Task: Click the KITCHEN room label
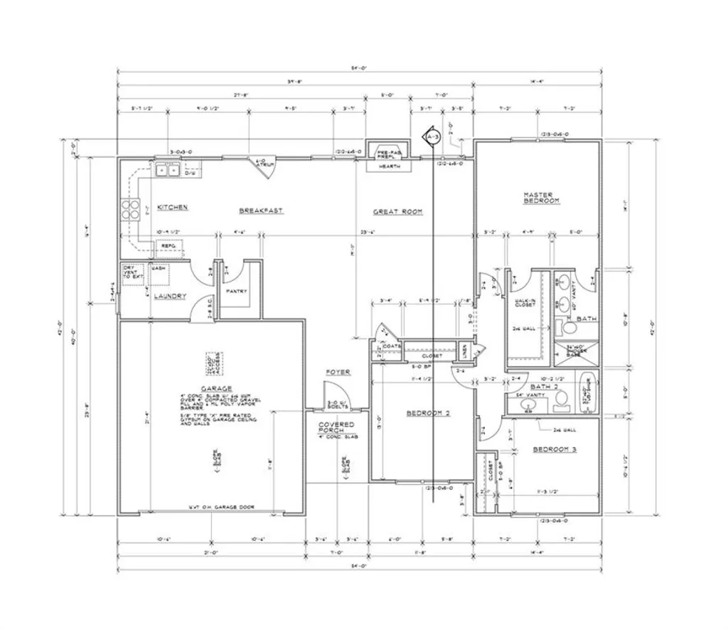172,207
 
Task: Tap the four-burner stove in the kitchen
132,209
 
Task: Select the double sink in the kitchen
168,169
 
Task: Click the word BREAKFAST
261,210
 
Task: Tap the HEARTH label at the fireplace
389,166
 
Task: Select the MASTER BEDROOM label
542,198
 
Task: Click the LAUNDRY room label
171,296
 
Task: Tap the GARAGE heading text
216,388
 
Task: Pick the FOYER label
338,372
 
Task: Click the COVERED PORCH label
336,427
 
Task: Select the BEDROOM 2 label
428,413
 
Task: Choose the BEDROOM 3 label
555,449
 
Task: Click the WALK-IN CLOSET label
525,304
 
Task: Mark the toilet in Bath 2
561,397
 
